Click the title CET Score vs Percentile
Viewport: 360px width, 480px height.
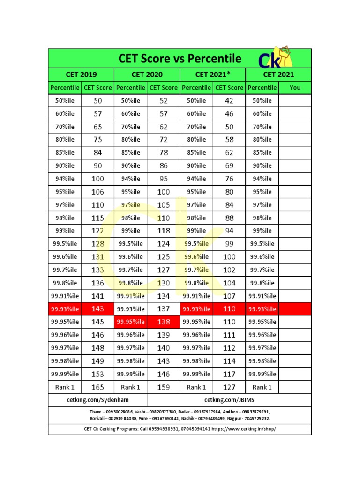(180, 59)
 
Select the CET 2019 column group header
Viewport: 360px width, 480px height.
(81, 74)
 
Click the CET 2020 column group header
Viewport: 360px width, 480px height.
(147, 74)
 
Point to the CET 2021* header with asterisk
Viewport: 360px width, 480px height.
(213, 74)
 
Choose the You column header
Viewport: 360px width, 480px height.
(295, 87)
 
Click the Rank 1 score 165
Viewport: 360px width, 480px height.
(97, 387)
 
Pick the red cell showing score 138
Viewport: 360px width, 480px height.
(163, 322)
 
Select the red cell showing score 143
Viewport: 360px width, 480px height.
(97, 309)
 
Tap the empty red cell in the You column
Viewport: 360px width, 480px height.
(295, 309)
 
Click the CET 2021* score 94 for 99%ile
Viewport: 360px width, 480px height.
(229, 231)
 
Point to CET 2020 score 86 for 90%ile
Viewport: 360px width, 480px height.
(163, 165)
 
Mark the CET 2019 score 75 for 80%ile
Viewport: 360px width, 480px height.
(97, 139)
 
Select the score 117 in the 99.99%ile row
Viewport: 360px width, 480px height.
(229, 374)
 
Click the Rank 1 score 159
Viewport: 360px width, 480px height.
(163, 387)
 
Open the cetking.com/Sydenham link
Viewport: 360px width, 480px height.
(97, 400)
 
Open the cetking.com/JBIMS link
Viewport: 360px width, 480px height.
(229, 400)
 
